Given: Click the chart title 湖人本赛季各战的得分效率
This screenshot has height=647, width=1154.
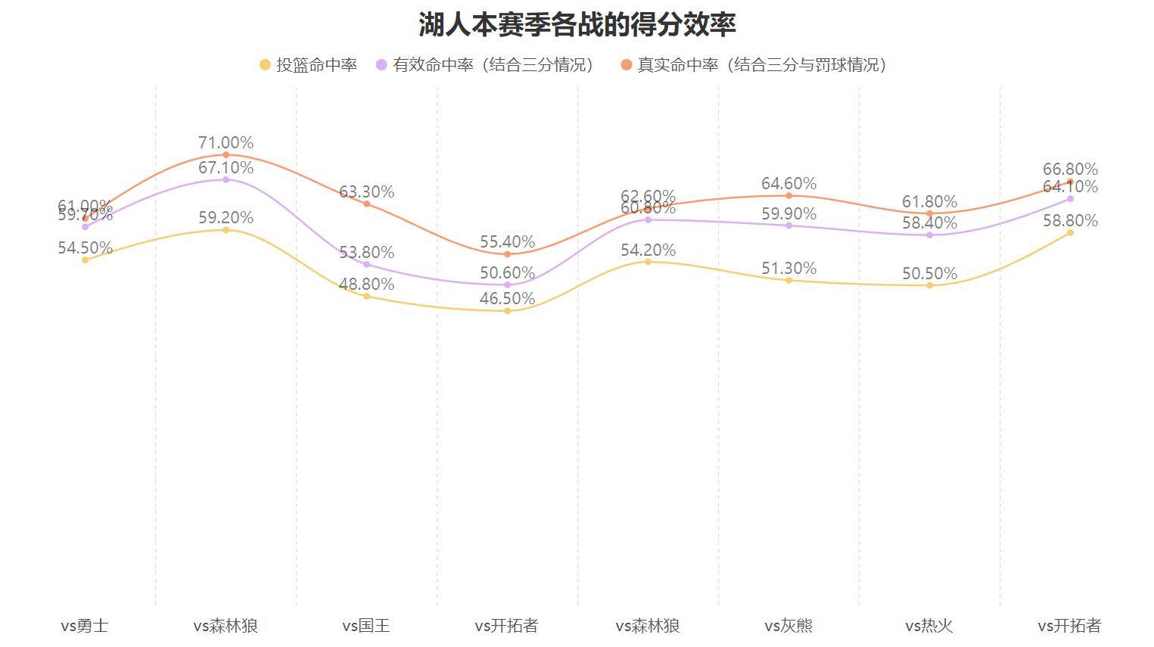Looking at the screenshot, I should click(x=577, y=24).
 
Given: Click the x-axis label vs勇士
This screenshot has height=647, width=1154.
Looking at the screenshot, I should click(x=85, y=626).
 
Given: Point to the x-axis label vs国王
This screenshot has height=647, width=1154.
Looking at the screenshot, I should click(x=366, y=626).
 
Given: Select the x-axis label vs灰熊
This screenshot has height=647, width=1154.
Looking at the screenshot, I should click(x=789, y=626).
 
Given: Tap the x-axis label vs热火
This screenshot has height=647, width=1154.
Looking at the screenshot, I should click(x=929, y=626).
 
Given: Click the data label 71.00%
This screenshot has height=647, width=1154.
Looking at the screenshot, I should click(x=226, y=142).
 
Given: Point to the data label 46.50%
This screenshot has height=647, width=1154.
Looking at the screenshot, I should click(x=507, y=298).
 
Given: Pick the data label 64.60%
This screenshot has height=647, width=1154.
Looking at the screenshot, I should click(x=789, y=183).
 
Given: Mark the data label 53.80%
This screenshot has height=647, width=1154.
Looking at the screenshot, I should click(x=366, y=252).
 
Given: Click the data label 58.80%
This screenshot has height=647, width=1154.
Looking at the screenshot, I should click(x=1070, y=220).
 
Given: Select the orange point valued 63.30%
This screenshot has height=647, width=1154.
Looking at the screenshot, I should click(x=366, y=204).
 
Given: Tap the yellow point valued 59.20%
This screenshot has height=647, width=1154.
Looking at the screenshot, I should click(x=226, y=230).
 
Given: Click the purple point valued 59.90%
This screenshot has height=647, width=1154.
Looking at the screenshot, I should click(x=789, y=226).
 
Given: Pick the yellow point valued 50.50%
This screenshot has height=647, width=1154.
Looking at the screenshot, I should click(x=929, y=285).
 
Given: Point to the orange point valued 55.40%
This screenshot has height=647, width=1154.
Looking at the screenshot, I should click(x=507, y=254).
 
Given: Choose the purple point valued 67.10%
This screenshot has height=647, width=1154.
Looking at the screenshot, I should click(x=226, y=179).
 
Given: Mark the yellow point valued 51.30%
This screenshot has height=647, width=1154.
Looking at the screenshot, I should click(x=789, y=281).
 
